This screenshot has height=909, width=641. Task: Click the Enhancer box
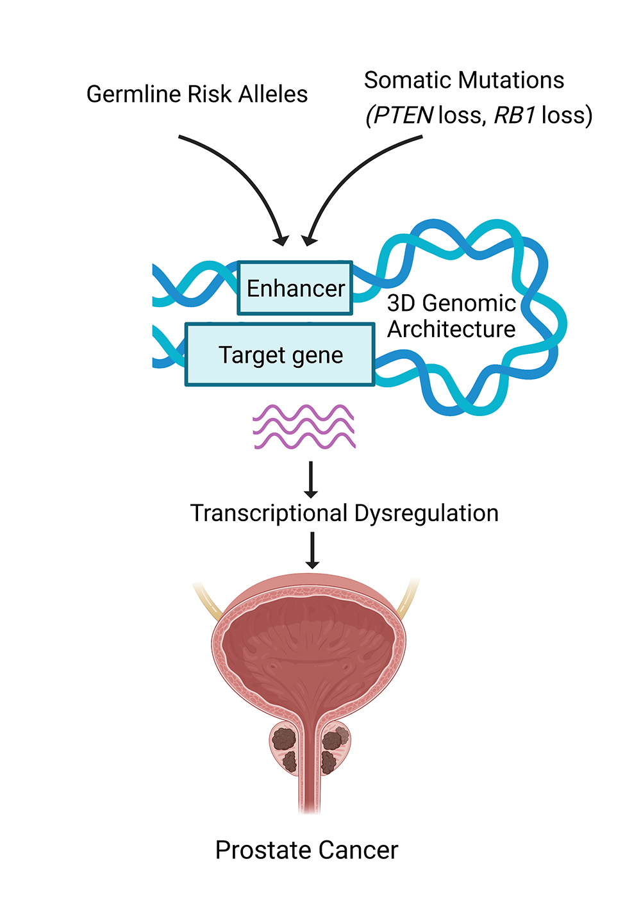click(295, 288)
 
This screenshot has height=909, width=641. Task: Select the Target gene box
click(280, 354)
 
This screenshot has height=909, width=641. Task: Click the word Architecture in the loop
click(451, 329)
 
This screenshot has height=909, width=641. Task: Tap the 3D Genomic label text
click(451, 303)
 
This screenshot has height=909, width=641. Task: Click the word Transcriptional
click(269, 513)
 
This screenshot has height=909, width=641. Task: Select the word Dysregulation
click(426, 513)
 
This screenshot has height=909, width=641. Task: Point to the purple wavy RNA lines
click(304, 426)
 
